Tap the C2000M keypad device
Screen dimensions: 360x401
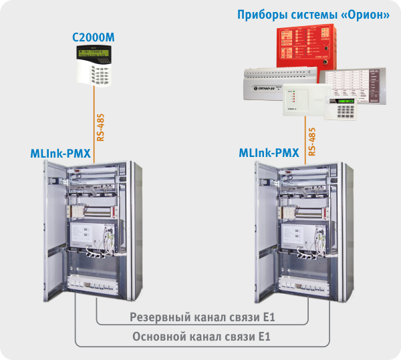94,66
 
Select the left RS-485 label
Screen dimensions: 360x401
100,126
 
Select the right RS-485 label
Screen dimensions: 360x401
312,140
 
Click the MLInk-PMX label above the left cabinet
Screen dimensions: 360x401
61,153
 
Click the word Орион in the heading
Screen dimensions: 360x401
365,14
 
